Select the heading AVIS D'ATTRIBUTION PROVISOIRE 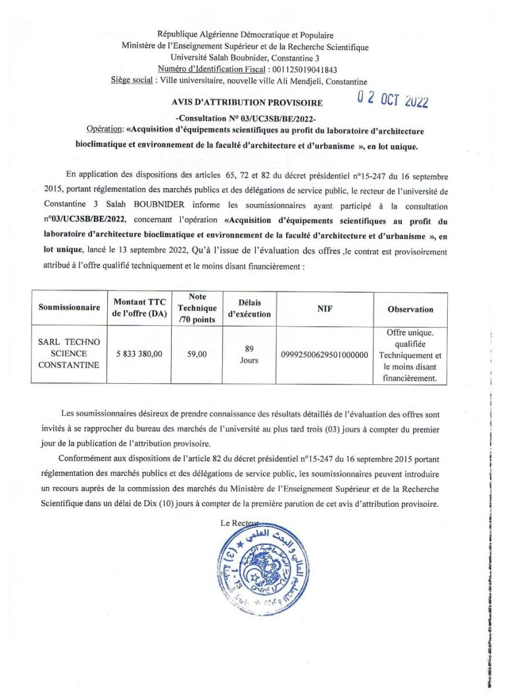247,103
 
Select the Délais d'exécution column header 249,309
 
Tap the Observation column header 410,309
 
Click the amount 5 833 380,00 139,354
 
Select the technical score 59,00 197,354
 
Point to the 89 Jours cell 249,355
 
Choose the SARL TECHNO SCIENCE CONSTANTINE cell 69,354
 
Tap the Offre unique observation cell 410,355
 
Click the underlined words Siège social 132,82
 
